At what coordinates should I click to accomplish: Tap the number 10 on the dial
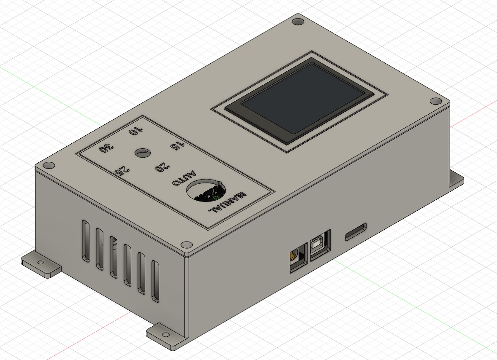pos(136,131)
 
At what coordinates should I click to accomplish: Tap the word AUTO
pos(185,178)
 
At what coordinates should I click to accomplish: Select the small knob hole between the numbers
pos(142,153)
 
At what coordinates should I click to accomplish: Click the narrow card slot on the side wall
pos(356,232)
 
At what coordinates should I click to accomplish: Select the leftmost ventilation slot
pos(86,240)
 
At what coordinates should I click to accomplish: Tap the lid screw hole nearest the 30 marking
pos(48,165)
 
